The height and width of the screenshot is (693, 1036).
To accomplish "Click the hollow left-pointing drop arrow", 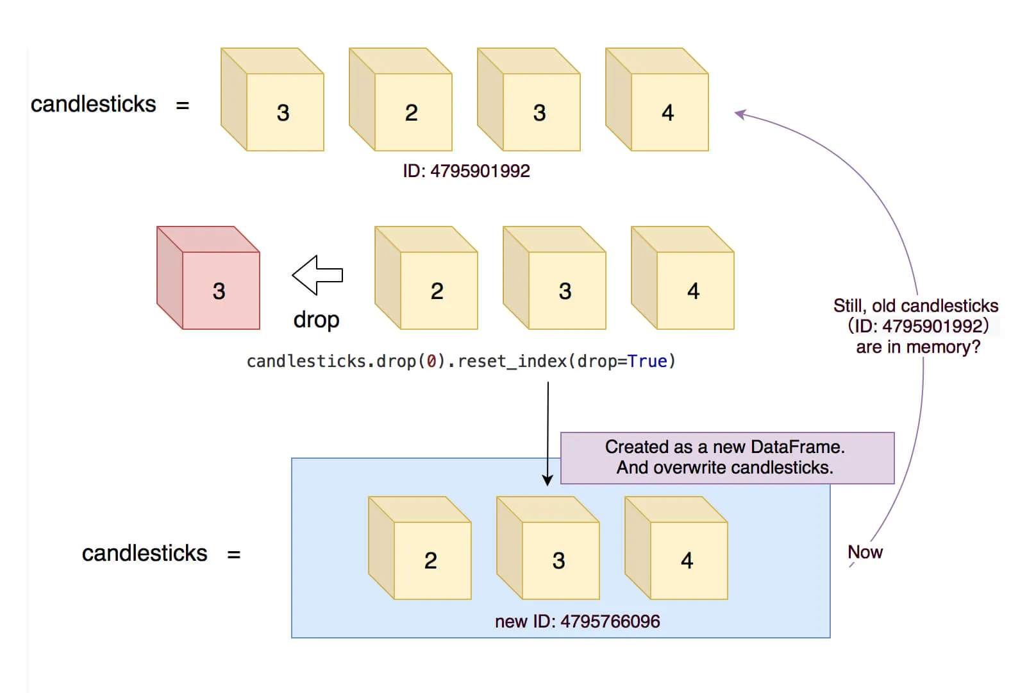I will pos(317,275).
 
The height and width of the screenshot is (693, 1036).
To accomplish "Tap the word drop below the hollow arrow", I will pos(316,320).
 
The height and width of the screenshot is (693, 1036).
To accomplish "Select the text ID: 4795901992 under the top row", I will pos(466,171).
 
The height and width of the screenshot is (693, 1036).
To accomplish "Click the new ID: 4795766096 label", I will pos(577,621).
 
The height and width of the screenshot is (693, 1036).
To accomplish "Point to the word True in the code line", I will pos(647,361).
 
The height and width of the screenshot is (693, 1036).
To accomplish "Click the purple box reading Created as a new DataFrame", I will pos(727,458).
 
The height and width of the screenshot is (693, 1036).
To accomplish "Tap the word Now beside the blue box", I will pos(865,552).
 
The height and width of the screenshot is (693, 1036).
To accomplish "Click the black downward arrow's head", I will pos(547,480).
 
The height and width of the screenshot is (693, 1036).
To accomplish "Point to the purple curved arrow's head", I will pos(739,114).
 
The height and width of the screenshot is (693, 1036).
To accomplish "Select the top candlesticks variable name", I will pos(94,104).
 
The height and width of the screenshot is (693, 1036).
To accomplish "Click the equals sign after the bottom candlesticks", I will pos(234,554).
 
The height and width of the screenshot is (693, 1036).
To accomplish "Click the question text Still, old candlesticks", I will pos(915,306).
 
